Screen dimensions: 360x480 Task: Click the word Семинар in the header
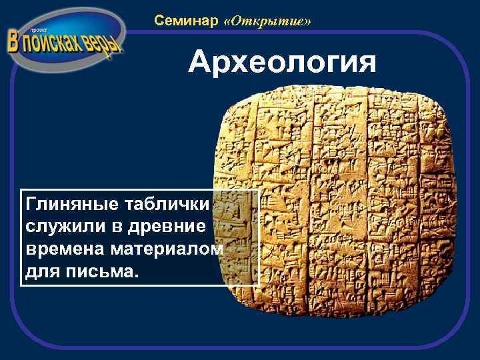pyautogui.click(x=186, y=21)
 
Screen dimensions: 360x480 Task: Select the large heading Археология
pyautogui.click(x=282, y=63)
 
